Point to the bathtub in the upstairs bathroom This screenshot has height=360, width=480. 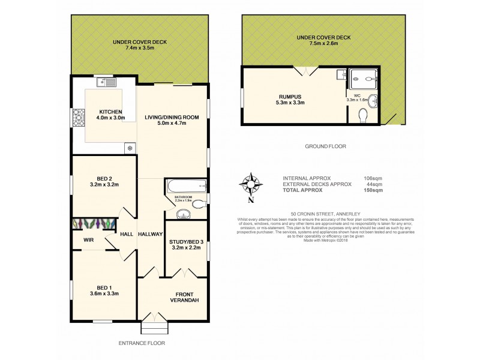pyautogui.click(x=185, y=184)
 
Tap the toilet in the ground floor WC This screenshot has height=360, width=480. pyautogui.click(x=362, y=115)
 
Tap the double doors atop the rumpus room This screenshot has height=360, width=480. pyautogui.click(x=309, y=71)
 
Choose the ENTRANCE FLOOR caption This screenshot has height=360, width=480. pyautogui.click(x=142, y=343)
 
